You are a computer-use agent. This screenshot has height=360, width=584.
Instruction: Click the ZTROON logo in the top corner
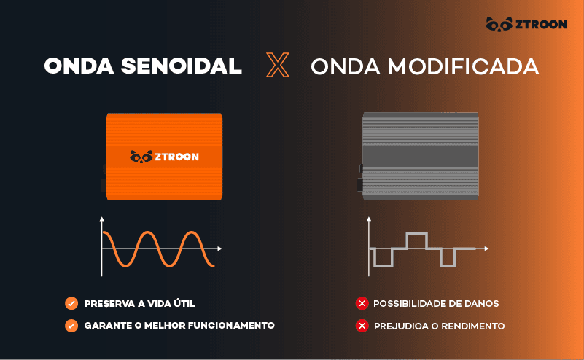click(x=526, y=25)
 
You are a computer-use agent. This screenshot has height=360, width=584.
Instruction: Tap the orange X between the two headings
click(x=277, y=66)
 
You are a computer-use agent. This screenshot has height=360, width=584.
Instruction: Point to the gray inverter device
click(x=421, y=155)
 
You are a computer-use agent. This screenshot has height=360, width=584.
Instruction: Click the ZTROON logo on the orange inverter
click(x=164, y=156)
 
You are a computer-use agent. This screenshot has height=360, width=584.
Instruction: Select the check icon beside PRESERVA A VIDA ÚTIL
click(x=71, y=303)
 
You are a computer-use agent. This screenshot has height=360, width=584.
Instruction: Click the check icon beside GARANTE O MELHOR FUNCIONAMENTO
click(x=71, y=326)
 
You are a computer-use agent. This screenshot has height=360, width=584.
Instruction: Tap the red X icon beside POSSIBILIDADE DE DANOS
click(x=362, y=303)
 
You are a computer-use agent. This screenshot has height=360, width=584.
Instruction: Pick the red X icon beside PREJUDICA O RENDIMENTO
click(x=362, y=326)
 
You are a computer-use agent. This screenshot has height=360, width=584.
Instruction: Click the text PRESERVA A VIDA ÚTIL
click(x=140, y=303)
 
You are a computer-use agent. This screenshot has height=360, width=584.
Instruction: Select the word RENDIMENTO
click(x=473, y=326)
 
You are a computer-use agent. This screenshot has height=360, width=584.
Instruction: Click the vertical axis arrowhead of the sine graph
click(x=102, y=219)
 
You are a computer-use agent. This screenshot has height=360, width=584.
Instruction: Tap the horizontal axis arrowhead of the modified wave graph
click(x=486, y=249)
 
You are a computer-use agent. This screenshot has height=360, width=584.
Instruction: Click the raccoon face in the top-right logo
click(x=499, y=25)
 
